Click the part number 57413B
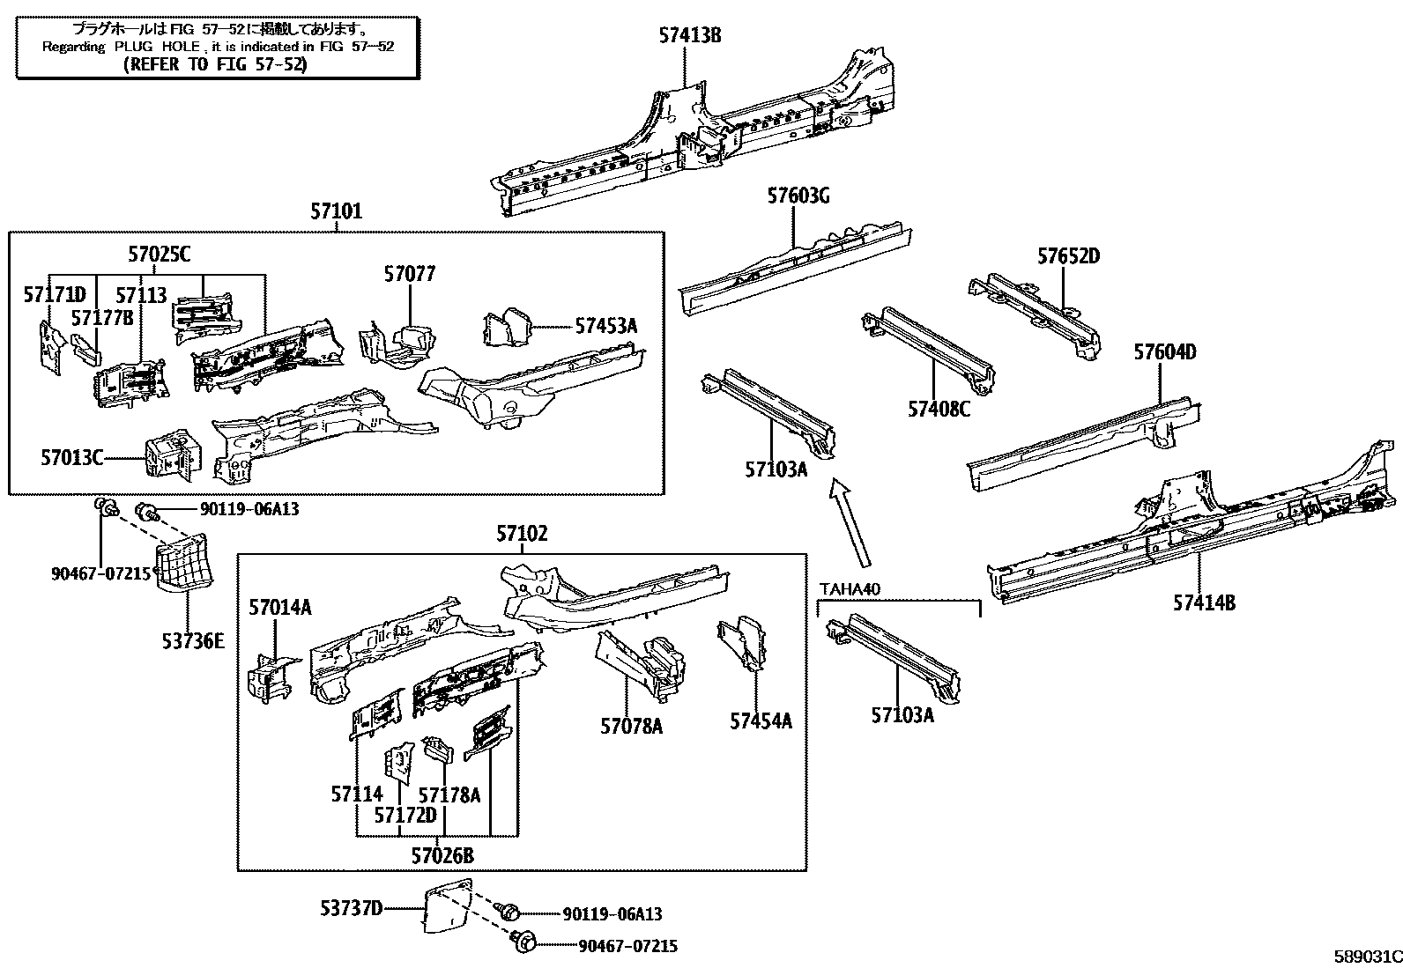coord(690,35)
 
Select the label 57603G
coord(798,196)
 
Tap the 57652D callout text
coord(1068,256)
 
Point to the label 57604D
coord(1164,352)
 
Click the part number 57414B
coord(1203,602)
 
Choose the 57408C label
coord(939,409)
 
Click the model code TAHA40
coord(850,589)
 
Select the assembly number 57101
coord(336,211)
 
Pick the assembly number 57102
coord(521,534)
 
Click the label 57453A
coord(605,326)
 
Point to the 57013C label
coord(71,457)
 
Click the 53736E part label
coord(192,640)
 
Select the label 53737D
coord(351,907)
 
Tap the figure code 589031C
coord(1366,957)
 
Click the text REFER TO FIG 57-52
coord(215,64)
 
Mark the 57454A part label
coord(760,721)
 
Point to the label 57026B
coord(442,854)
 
